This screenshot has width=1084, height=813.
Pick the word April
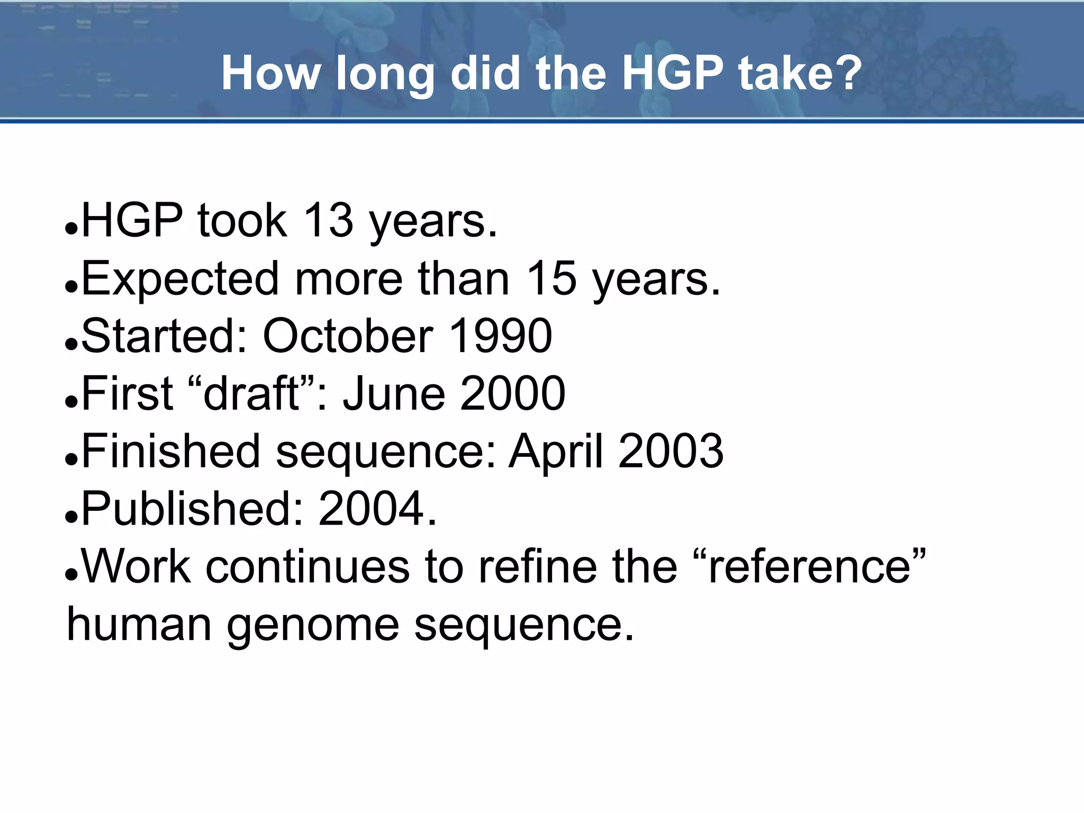(x=556, y=451)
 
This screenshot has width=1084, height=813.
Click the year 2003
(x=671, y=451)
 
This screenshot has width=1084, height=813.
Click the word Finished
(x=171, y=451)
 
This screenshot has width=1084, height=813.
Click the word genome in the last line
(x=313, y=625)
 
